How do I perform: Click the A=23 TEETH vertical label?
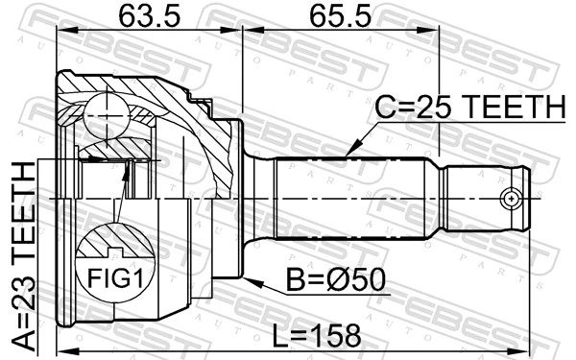pyautogui.click(x=20, y=254)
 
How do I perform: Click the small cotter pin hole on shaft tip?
pyautogui.click(x=512, y=198)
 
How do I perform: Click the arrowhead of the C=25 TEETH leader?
pyautogui.click(x=348, y=153)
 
